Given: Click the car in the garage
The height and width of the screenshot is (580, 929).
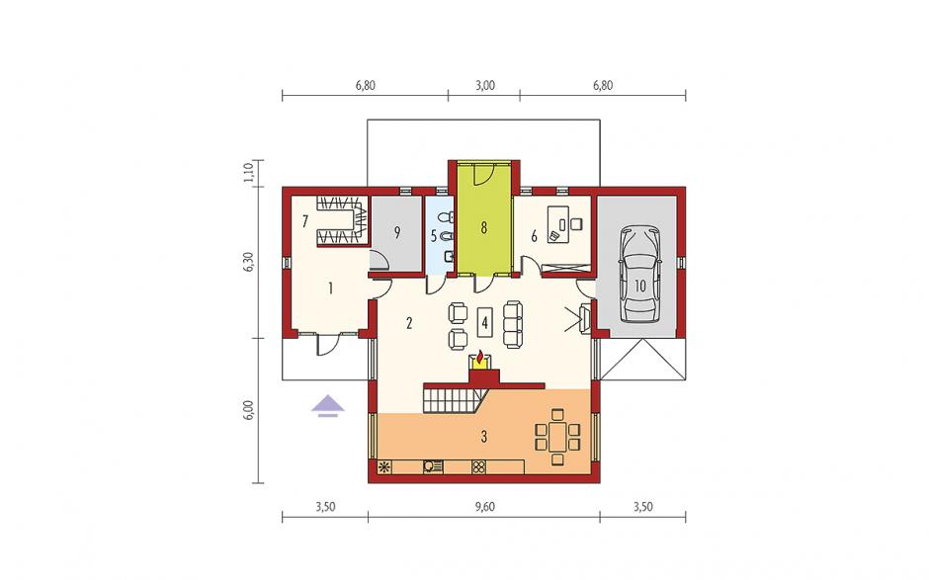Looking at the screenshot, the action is (639, 274).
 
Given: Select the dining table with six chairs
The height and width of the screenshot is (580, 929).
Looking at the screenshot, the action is (557, 437).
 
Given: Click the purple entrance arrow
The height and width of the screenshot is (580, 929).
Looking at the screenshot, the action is (328, 407).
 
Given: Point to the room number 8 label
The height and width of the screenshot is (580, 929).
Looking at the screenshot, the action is (484, 227).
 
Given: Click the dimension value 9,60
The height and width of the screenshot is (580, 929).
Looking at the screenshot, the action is (484, 507).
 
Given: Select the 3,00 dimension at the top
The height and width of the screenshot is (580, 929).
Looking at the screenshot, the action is (484, 85).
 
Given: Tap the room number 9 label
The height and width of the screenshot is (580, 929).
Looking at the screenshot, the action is (397, 233).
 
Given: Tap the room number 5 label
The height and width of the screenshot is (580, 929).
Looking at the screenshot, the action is (434, 237).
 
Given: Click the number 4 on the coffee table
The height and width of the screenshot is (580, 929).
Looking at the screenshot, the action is (484, 323).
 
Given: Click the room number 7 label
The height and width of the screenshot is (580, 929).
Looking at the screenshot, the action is (305, 221).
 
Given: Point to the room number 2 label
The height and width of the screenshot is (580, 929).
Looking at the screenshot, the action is (409, 323).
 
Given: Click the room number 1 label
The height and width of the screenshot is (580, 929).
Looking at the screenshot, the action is (330, 289).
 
